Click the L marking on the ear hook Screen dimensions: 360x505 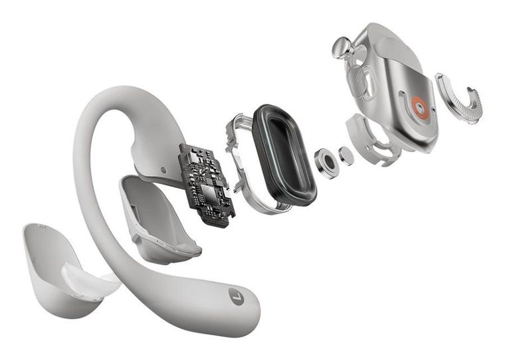tap(236, 297)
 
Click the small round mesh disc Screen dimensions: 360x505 tap(346, 155)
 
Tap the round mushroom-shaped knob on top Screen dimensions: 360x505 tap(343, 47)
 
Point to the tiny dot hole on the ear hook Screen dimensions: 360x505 tap(164, 170)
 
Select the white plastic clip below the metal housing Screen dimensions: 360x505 tap(369, 140)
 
